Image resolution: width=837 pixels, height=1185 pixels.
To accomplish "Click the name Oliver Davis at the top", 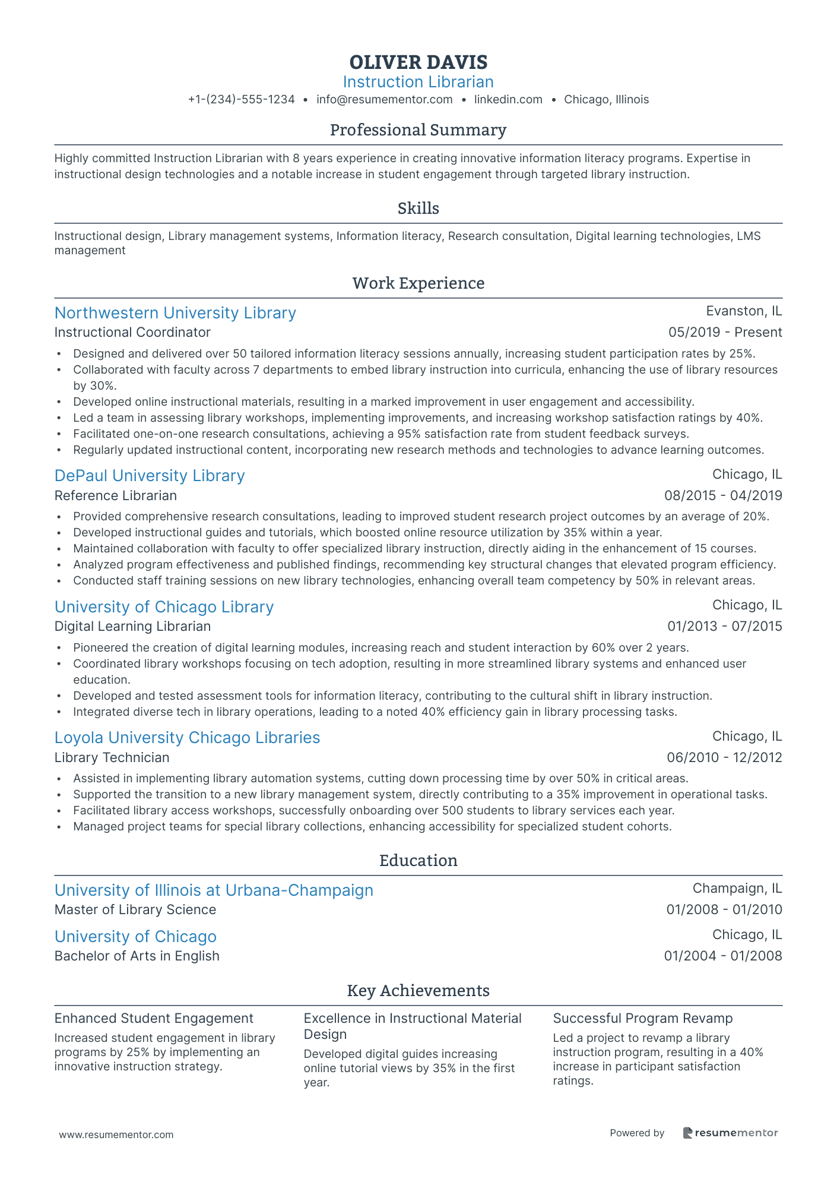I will pos(418,62).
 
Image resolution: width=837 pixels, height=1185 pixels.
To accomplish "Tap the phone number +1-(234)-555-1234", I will pos(241,100).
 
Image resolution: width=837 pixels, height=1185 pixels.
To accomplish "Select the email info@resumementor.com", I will pos(384,100).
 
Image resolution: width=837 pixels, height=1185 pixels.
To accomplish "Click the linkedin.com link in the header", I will pos(508,100).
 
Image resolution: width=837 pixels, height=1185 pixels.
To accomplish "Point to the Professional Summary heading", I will pos(418,130).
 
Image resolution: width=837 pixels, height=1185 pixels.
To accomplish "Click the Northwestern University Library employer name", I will pos(175,313).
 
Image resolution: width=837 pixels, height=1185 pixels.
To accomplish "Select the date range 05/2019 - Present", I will pos(725,333).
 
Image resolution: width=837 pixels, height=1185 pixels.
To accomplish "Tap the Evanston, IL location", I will pos(744,311).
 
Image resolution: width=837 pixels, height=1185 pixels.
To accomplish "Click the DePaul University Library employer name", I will pos(150,476).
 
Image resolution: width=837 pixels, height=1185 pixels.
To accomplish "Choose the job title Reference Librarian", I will pos(116,495).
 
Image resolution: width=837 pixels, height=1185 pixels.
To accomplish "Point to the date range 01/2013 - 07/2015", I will pos(724,626).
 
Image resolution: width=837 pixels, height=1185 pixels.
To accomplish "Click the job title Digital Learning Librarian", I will pos(132,626).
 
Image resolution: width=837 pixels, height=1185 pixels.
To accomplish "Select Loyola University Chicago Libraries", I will pos(187,738).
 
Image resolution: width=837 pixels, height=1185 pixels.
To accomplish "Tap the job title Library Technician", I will pos(112,757).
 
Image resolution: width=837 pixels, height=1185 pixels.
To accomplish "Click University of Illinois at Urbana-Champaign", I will pos(214,890).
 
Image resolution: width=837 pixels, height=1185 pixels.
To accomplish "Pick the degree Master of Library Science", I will pos(135,910).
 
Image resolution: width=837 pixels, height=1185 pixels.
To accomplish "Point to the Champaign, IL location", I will pos(737,889).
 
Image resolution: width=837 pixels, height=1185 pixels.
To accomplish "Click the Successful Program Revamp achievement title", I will pos(642,1018).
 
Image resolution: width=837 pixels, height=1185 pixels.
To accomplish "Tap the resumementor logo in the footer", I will pos(730,1133).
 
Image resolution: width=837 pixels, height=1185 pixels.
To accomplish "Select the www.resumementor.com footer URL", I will pos(116,1135).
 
